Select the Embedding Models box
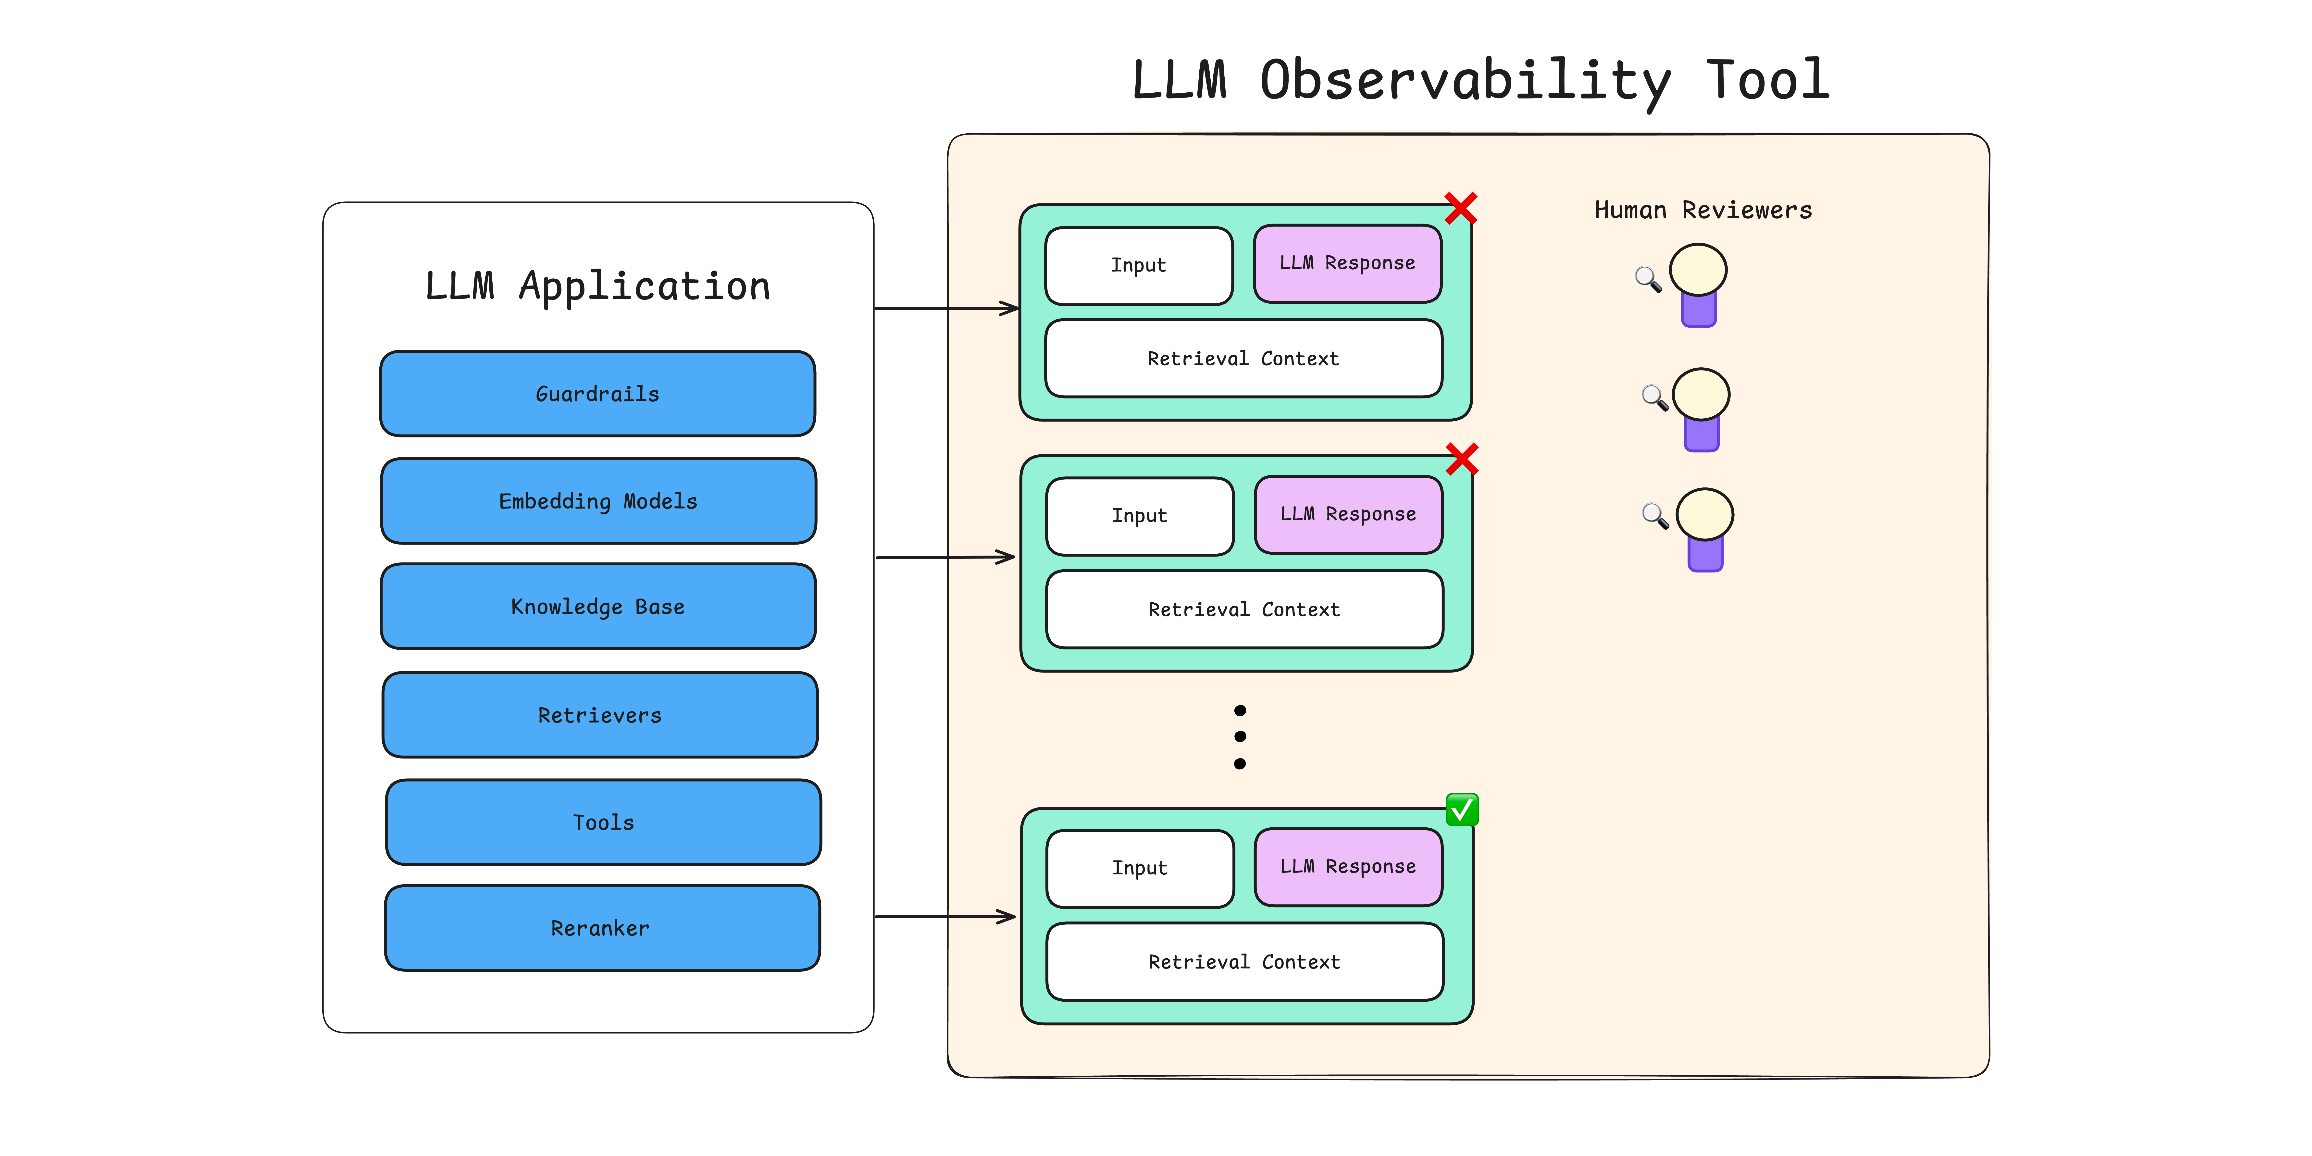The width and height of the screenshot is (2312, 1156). tap(598, 501)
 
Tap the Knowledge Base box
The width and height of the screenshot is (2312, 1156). tap(598, 607)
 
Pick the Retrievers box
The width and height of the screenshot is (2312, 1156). tap(599, 715)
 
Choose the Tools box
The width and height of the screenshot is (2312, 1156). tap(603, 822)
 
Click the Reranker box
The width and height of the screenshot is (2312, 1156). tap(601, 928)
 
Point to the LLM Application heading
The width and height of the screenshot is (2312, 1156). tap(598, 286)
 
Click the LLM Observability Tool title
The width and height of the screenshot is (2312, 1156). tap(1481, 81)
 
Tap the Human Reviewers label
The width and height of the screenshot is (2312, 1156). tap(1703, 210)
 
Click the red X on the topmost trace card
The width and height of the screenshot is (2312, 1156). tap(1460, 208)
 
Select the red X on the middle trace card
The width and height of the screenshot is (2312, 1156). tap(1462, 459)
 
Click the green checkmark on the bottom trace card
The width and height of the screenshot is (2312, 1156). tap(1462, 809)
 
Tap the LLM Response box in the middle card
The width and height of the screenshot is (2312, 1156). tap(1348, 514)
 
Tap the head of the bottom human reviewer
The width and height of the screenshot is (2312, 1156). tap(1704, 514)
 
